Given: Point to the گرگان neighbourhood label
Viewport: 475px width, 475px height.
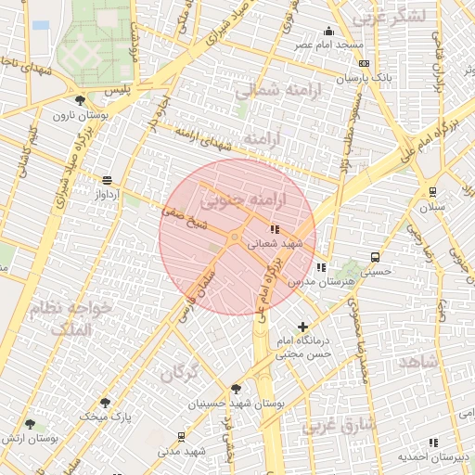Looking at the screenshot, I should click(x=180, y=373).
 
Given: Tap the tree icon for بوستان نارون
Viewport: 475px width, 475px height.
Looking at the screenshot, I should click(x=79, y=100).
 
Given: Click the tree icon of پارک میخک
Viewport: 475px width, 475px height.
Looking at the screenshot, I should click(x=104, y=402).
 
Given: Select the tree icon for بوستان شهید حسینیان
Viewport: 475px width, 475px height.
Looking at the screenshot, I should click(x=236, y=389).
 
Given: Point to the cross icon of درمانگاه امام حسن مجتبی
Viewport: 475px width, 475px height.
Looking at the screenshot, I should click(x=303, y=327).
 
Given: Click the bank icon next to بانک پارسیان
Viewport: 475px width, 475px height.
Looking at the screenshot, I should click(x=364, y=63).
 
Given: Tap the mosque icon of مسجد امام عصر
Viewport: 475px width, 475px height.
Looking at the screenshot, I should click(x=327, y=31).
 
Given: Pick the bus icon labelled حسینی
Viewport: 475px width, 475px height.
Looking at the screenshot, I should click(x=375, y=257).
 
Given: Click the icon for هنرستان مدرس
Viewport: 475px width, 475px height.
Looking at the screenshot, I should click(x=320, y=267).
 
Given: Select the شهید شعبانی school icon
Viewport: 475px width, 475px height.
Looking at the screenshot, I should click(x=274, y=228).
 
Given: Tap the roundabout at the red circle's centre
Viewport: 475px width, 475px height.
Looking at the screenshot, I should click(x=236, y=237).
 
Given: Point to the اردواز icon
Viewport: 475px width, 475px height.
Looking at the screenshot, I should click(x=108, y=180).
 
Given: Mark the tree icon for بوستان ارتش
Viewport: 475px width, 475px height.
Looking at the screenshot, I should click(x=31, y=424).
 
